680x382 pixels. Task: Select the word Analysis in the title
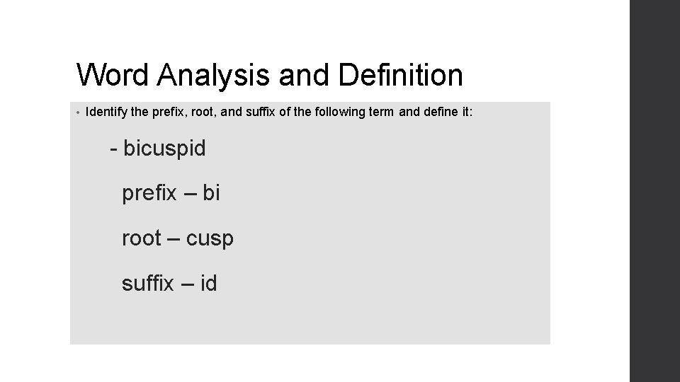[x=214, y=74]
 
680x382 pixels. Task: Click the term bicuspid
[x=164, y=149]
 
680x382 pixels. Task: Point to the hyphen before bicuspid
[x=113, y=149]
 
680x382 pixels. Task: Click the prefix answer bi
[x=212, y=193]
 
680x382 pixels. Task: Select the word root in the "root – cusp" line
[x=142, y=238]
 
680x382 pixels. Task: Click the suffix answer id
[x=209, y=284]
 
